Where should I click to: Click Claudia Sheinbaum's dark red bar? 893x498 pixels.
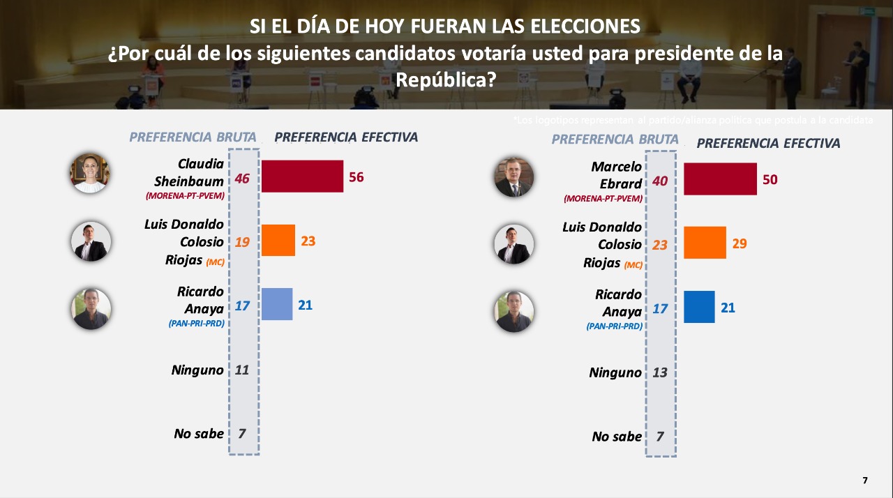(302, 176)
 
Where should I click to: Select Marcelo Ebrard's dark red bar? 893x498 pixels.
(720, 179)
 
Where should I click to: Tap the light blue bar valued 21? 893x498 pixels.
(277, 304)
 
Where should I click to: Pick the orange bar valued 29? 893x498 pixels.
(705, 243)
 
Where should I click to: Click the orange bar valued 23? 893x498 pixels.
(278, 240)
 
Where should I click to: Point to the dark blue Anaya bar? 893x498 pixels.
(699, 307)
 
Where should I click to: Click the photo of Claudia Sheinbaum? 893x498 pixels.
(90, 173)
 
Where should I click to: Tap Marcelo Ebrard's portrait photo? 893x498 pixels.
(513, 177)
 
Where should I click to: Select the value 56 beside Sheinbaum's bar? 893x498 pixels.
(356, 177)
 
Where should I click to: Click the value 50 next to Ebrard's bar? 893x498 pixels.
(770, 180)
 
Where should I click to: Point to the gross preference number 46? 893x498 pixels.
(242, 179)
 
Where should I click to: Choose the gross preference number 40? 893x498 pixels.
(660, 181)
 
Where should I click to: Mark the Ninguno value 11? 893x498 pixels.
(242, 370)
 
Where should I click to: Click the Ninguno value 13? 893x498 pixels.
(660, 372)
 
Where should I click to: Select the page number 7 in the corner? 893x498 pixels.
(865, 481)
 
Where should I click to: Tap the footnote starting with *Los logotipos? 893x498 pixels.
(693, 120)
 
